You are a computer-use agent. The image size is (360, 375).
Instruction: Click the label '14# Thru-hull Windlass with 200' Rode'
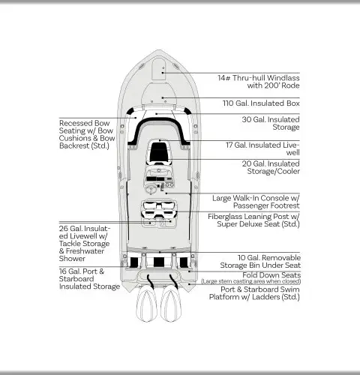click(x=259, y=82)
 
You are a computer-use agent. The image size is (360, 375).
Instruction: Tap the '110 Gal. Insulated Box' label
click(x=261, y=103)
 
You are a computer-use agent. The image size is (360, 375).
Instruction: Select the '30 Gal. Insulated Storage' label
click(x=271, y=123)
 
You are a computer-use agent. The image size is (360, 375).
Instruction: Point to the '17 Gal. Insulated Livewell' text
click(x=262, y=148)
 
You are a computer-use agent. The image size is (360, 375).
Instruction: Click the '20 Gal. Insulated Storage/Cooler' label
click(x=271, y=167)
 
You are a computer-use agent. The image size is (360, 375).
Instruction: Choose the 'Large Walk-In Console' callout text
click(x=256, y=202)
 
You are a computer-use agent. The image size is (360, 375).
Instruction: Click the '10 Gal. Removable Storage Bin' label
click(x=260, y=262)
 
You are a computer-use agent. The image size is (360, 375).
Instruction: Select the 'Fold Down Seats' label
click(x=271, y=275)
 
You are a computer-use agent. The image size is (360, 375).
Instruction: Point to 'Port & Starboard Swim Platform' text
click(x=254, y=293)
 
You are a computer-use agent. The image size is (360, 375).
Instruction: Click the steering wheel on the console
click(x=151, y=190)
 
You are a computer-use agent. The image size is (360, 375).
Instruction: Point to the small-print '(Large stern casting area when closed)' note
click(x=251, y=281)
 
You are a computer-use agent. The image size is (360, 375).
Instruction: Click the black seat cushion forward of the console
click(x=159, y=152)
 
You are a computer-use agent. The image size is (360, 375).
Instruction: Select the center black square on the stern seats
click(x=159, y=262)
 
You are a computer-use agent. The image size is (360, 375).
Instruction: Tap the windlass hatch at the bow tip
click(x=159, y=68)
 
